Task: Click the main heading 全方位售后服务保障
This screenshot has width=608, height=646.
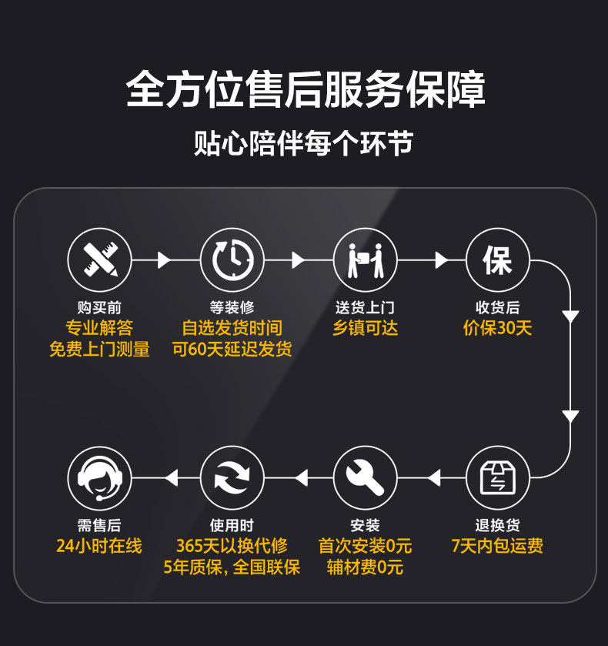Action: click(x=305, y=90)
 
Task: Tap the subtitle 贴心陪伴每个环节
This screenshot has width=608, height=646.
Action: click(x=304, y=144)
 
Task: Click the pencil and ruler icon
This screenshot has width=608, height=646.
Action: click(x=99, y=259)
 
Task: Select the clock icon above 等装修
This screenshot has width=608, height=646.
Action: click(x=232, y=259)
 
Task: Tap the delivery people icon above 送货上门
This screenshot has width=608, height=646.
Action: click(x=365, y=259)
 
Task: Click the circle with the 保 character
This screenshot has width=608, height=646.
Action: click(x=497, y=259)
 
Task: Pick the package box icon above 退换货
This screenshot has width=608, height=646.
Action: click(x=497, y=478)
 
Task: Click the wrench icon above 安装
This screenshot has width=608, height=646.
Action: click(x=365, y=478)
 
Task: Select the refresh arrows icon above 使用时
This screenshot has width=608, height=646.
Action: click(x=232, y=478)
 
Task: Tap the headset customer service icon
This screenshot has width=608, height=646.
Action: click(x=99, y=478)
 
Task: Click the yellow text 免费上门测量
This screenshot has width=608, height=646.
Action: click(x=99, y=349)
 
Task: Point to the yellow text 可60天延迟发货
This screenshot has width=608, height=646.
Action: click(x=232, y=349)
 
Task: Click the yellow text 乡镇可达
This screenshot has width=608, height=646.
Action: click(x=365, y=328)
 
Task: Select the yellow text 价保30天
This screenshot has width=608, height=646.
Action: click(x=497, y=328)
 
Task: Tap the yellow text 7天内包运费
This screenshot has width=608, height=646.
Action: click(x=497, y=547)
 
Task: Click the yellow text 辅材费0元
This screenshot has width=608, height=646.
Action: click(x=365, y=567)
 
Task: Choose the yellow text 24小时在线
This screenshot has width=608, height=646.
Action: click(x=99, y=547)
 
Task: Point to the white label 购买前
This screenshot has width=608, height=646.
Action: click(x=99, y=308)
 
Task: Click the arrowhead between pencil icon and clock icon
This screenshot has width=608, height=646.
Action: click(x=163, y=260)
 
